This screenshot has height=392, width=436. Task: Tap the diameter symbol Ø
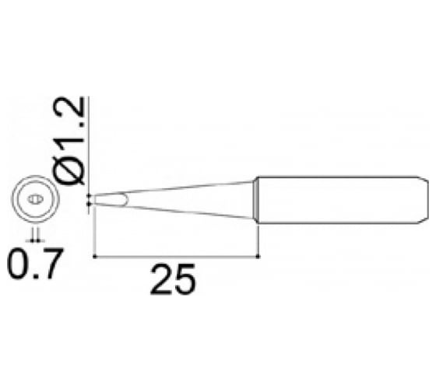74,170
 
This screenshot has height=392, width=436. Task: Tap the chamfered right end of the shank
424,200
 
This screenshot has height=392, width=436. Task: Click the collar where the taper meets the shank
255,200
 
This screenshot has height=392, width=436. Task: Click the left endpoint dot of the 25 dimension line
93,255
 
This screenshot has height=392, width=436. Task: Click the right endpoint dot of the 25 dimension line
258,255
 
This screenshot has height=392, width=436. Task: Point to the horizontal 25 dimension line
175,255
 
